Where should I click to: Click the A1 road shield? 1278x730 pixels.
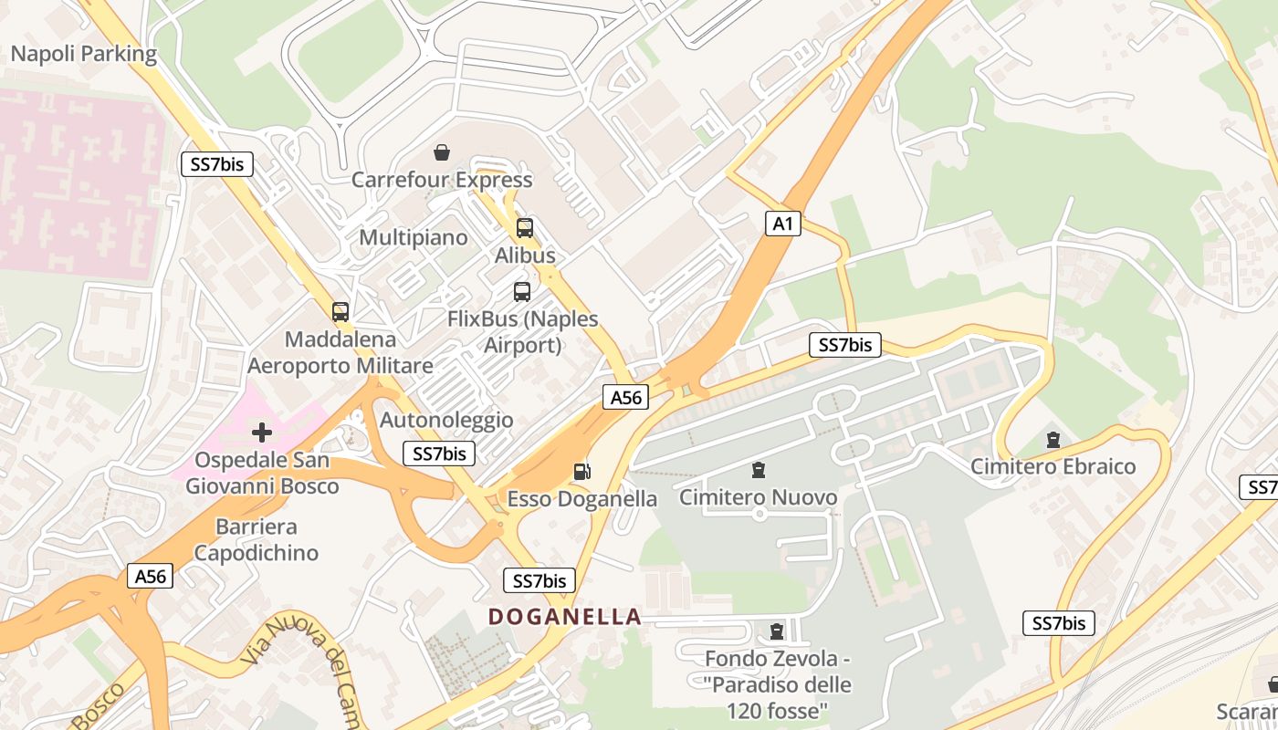[782, 224]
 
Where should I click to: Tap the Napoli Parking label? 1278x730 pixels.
[84, 54]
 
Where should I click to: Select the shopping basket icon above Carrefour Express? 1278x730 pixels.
[442, 152]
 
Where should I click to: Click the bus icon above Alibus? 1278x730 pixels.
[525, 228]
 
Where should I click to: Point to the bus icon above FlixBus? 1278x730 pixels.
[522, 292]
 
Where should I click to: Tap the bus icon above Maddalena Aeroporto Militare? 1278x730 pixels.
[340, 312]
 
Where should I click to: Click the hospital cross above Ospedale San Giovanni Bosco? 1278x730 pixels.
[262, 432]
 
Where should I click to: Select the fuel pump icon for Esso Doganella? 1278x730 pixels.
[581, 472]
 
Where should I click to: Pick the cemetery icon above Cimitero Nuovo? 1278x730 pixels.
[758, 470]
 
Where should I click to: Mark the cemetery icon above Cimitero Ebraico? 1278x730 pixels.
[1053, 440]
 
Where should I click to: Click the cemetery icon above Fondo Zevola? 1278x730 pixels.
[777, 631]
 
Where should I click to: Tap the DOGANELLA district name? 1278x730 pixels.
[565, 617]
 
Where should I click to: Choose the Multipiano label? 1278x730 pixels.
[414, 238]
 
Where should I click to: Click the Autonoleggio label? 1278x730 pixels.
[446, 421]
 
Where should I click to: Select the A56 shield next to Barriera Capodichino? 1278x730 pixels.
[151, 576]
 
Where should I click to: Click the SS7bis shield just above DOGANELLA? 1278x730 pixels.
[539, 580]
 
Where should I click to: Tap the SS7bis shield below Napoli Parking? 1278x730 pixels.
[216, 164]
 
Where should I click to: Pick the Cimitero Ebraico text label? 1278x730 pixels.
[1053, 466]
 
